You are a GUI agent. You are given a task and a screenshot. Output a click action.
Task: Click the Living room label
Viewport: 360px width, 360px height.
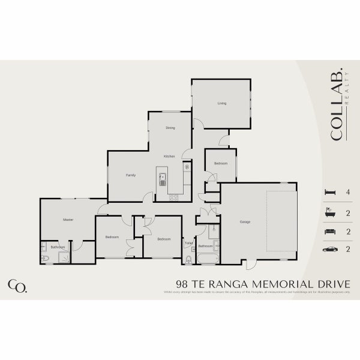point(222,103)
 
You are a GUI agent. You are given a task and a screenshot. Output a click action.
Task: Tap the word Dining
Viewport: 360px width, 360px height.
point(170,128)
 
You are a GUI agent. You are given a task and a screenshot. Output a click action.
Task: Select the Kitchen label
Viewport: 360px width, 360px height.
point(169,156)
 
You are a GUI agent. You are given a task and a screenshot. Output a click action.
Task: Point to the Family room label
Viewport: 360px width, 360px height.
point(130,175)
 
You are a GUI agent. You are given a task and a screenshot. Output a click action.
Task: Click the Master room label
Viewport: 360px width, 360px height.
point(68,220)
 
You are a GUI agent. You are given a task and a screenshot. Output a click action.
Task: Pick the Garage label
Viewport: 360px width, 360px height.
point(245,222)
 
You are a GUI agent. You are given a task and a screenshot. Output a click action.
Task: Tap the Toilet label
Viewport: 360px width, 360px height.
point(188,243)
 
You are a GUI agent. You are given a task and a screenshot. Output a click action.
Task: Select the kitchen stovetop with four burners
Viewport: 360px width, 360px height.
point(174,197)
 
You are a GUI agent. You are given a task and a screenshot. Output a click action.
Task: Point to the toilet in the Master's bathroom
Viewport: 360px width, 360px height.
point(46,258)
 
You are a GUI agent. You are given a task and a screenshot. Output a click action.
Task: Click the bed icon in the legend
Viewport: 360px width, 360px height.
point(328,192)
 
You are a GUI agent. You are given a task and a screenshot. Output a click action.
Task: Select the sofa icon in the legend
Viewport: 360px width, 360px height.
point(329,231)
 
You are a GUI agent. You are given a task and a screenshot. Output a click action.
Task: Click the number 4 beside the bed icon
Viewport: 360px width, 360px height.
point(348,193)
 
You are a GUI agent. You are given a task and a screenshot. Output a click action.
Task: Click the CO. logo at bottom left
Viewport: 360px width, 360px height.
point(17,286)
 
